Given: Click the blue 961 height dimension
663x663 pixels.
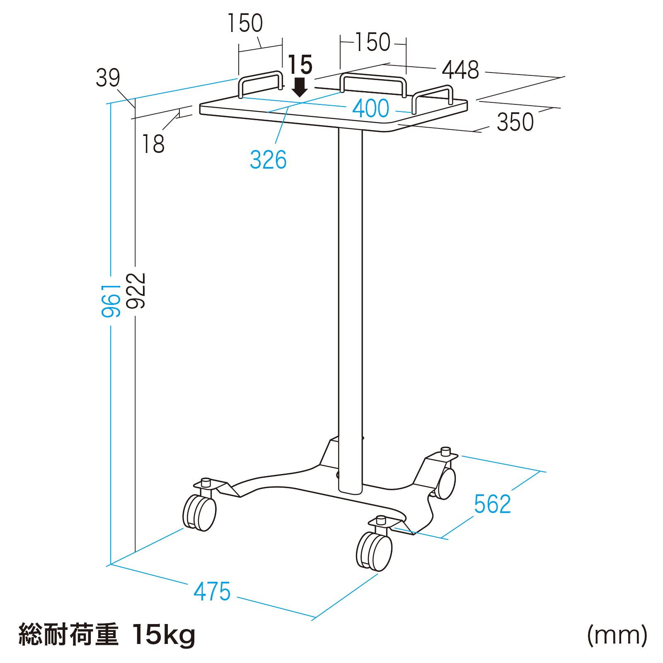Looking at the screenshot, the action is pos(111,300).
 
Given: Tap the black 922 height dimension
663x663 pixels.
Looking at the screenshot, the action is pos(136,290).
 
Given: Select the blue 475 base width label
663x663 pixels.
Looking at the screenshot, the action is pos(212,591).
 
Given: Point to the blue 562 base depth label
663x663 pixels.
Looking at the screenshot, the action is pos(492,504).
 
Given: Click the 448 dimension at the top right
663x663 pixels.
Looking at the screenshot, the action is pos(460,70).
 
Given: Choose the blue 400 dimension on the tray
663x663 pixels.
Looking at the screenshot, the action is pos(371,108).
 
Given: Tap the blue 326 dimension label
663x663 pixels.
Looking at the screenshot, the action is pos(268,160).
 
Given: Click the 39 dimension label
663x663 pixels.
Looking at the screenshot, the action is pos(108,77).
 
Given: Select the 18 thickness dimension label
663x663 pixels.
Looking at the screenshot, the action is pos(153,144).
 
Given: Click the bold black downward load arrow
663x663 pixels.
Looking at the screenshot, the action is pos(300,87).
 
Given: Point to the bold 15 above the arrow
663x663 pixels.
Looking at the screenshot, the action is pos(300,65).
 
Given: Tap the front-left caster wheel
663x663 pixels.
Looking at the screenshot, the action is pos(200,512).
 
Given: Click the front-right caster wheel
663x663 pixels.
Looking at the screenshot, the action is pos(374,551).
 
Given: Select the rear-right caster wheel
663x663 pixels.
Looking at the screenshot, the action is pos(445,483).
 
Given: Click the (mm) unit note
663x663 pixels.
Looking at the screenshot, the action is pos(617,635).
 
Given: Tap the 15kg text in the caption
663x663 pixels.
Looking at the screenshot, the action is pos(164,635).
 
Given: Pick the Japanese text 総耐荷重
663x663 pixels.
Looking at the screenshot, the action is pos(68,634).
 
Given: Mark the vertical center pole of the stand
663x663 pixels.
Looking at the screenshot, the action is pos(350,311).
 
